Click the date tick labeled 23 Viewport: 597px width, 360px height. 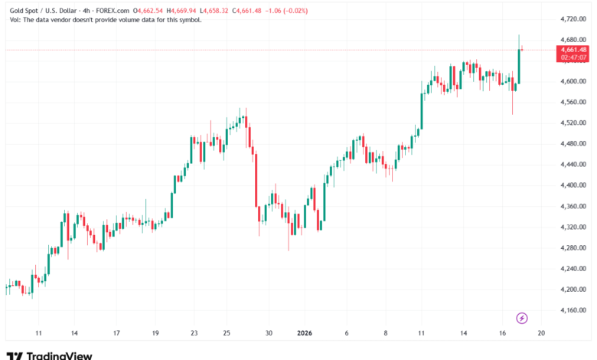point(194,333)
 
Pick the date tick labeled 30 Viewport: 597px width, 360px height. point(269,333)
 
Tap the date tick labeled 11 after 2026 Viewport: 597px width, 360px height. point(421,333)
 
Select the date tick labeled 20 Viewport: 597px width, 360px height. point(541,333)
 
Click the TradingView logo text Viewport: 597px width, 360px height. point(60,355)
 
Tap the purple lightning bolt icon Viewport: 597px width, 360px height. point(522,317)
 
